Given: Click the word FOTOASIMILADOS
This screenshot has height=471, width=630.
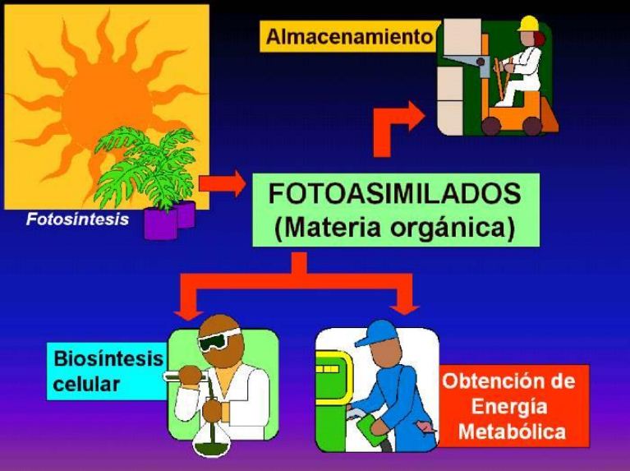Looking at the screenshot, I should (394, 194).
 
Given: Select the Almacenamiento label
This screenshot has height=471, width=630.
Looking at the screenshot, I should (349, 37).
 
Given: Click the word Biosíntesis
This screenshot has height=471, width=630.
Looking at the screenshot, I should (108, 359).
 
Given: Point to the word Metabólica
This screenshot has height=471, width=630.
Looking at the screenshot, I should (513, 431).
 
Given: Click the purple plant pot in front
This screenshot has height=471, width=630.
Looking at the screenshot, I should (160, 223).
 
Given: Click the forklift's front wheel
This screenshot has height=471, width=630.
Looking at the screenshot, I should (491, 125).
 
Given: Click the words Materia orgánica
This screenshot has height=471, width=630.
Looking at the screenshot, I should (394, 227).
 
